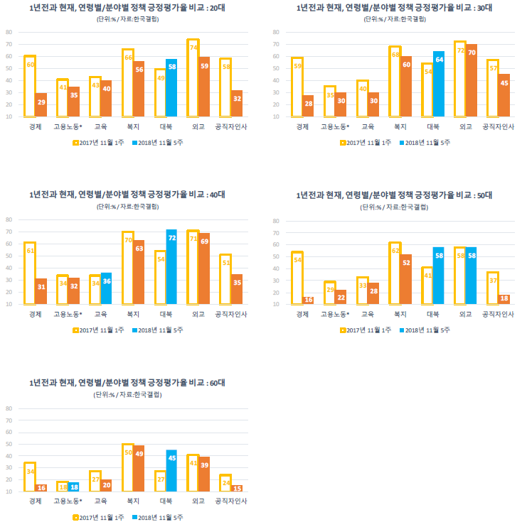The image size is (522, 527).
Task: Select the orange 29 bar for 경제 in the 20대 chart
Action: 41,105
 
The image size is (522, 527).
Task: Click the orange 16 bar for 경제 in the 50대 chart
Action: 307,300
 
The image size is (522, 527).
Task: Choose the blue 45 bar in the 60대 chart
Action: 171,470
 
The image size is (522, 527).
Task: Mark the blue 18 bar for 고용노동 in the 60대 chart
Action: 73,487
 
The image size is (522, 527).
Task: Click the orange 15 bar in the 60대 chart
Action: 236,488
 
